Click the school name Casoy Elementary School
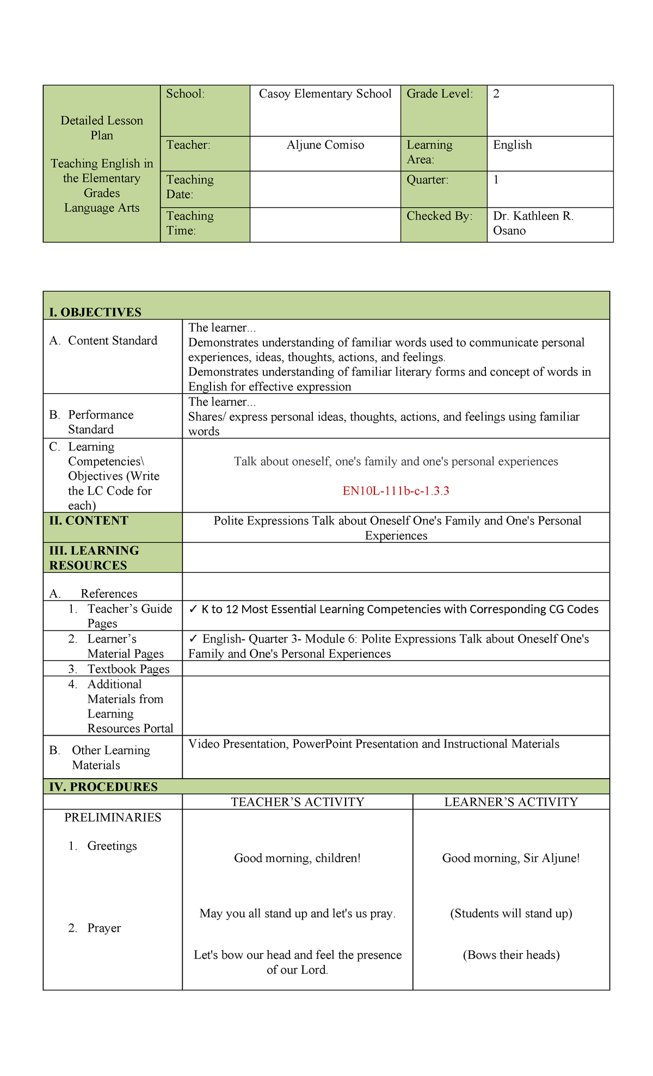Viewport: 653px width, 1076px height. pyautogui.click(x=325, y=94)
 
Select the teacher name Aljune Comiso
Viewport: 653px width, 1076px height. pyautogui.click(x=325, y=145)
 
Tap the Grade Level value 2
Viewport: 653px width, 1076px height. pyautogui.click(x=496, y=94)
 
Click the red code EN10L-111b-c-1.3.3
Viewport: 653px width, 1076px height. pyautogui.click(x=396, y=491)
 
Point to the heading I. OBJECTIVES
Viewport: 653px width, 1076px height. pyautogui.click(x=95, y=313)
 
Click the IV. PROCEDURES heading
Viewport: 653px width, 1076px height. pyautogui.click(x=103, y=787)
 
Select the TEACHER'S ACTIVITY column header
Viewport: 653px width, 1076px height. pyautogui.click(x=297, y=802)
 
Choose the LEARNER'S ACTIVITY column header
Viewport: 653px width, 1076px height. pyautogui.click(x=511, y=802)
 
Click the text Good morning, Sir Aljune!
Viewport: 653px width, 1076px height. pyautogui.click(x=511, y=859)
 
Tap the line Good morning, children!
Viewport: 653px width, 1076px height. pyautogui.click(x=297, y=859)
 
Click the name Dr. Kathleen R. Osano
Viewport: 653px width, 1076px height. pyautogui.click(x=533, y=223)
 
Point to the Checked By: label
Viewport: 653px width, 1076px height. pyautogui.click(x=439, y=216)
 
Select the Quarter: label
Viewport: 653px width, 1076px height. pyautogui.click(x=427, y=180)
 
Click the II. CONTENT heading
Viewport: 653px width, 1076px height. pyautogui.click(x=89, y=521)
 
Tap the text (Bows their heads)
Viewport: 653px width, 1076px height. pyautogui.click(x=511, y=955)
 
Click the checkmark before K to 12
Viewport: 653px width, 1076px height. pyautogui.click(x=193, y=609)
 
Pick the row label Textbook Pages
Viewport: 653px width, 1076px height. pyautogui.click(x=128, y=669)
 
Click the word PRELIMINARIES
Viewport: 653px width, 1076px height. pyautogui.click(x=113, y=818)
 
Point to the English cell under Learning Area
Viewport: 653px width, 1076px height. pyautogui.click(x=512, y=145)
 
